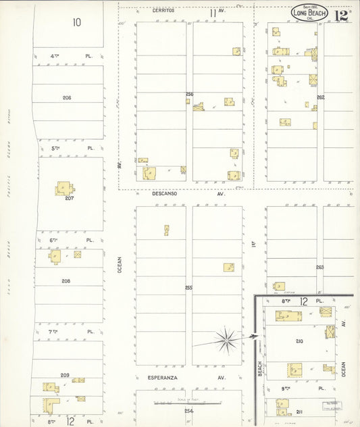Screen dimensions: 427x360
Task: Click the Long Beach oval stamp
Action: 309,13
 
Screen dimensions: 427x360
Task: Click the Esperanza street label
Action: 161,378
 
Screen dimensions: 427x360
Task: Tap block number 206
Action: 67,98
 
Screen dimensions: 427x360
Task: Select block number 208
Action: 66,281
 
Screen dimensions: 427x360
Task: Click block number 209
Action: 65,375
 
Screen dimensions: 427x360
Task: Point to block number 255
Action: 189,288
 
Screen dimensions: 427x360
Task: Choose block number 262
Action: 321,97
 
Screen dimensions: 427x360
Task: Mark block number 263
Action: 319,268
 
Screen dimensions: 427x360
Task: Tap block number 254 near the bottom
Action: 188,411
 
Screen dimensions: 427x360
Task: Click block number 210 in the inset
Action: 299,341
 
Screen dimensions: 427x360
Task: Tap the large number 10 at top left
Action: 77,22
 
